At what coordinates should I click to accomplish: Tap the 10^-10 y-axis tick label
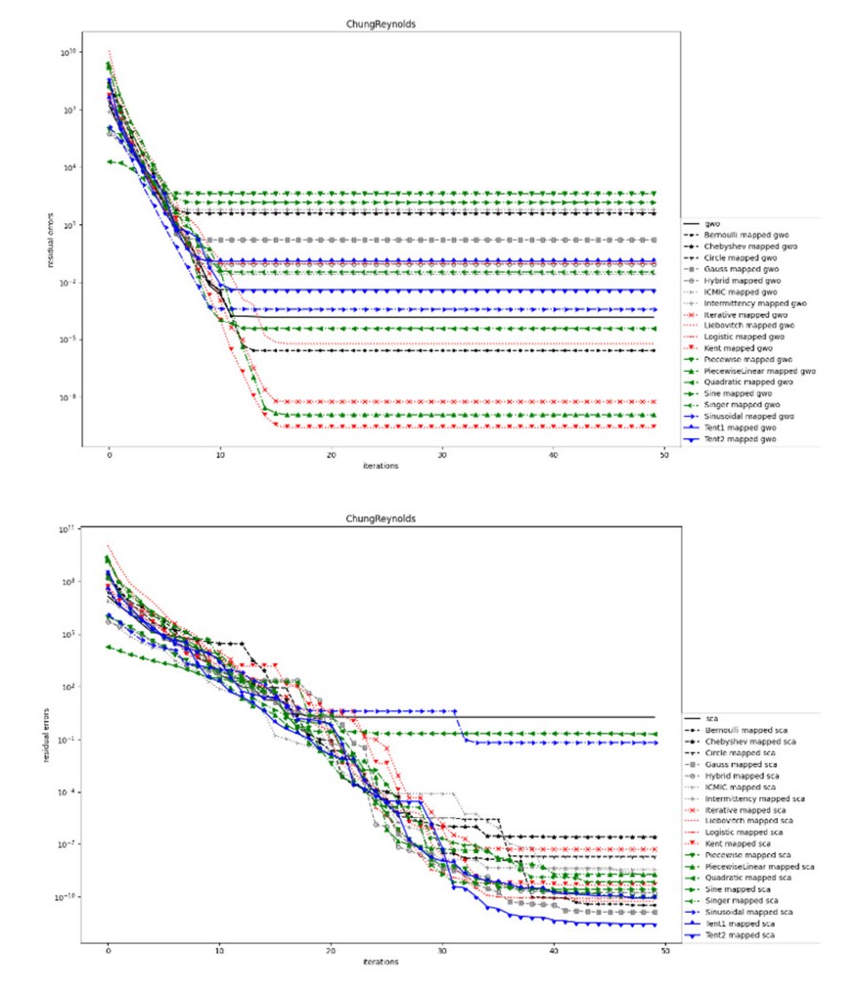pos(71,897)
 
